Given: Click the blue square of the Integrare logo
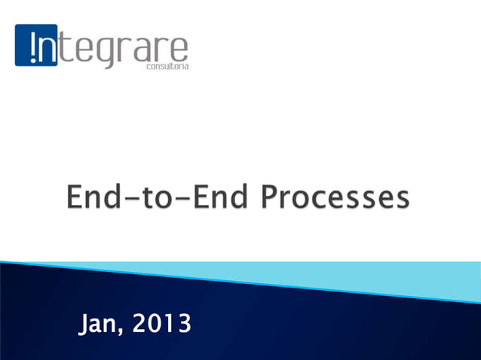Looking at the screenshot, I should pos(36,45).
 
